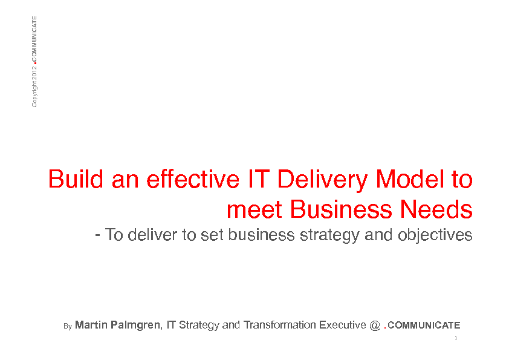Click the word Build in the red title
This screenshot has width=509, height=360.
[76, 179]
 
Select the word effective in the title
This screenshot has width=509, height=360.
[193, 179]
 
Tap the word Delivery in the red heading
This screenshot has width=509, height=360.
[322, 180]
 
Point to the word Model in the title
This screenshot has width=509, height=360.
[410, 179]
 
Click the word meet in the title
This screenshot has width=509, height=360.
[254, 210]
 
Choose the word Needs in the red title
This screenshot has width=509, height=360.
[436, 209]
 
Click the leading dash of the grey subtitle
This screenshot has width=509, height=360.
[97, 235]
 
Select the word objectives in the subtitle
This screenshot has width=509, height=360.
[435, 235]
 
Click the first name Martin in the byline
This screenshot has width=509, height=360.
[91, 324]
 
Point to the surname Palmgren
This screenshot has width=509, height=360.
[135, 326]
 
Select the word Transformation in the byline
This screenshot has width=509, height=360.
[279, 325]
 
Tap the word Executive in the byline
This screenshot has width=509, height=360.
[343, 325]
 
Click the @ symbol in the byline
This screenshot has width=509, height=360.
[375, 326]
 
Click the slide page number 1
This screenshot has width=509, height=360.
[456, 338]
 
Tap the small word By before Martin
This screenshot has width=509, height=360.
[68, 326]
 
